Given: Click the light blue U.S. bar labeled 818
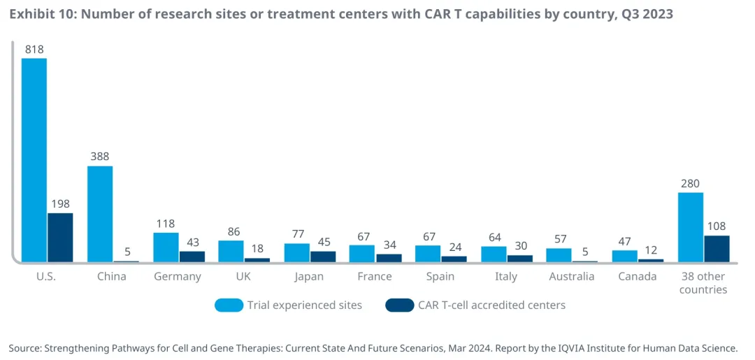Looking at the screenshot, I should pos(34,160).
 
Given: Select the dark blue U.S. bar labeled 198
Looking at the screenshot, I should pos(60,238).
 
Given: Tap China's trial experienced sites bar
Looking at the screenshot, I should pos(100,214).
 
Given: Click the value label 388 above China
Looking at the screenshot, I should pos(100,157).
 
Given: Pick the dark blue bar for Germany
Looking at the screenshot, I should pos(192,257).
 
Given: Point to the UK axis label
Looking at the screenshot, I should pos(243,276).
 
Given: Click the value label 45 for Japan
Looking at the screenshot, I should pos(323,242).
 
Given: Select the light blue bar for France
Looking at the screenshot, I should pos(362,254).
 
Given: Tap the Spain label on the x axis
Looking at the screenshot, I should pos(440,276).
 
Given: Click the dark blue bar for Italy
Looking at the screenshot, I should pos(519,259).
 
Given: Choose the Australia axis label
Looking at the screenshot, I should pos(572,276).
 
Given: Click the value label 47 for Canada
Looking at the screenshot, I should pos(625,241).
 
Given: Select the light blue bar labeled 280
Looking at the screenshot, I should pos(691,227).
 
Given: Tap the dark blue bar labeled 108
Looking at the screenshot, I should pos(717,249).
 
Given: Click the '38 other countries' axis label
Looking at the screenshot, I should pos(703,282).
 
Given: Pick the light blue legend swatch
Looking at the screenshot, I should pos(229,305).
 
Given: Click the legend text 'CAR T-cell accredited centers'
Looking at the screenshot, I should pos(491,305).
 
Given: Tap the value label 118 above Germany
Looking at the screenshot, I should pos(166,224).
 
